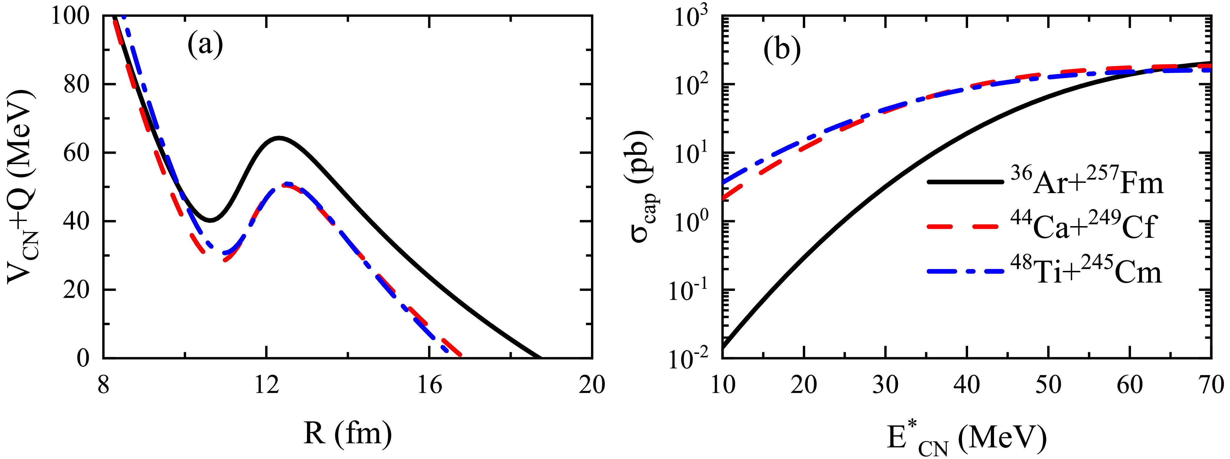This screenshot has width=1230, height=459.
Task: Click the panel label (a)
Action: click(205, 46)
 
